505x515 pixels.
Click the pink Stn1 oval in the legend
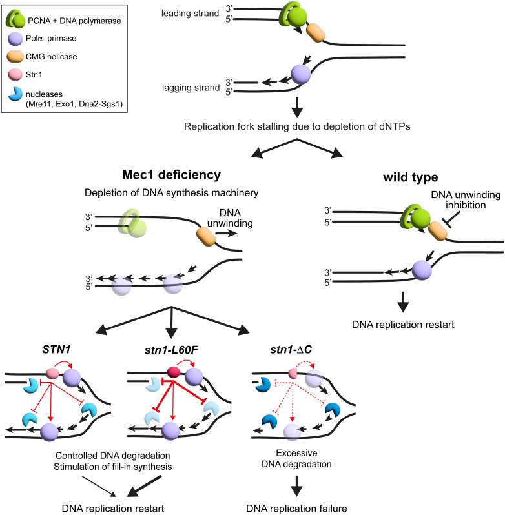coord(15,75)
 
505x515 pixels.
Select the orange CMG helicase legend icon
coord(15,57)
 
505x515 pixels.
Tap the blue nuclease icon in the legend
coord(15,94)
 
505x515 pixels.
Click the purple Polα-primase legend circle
coord(15,39)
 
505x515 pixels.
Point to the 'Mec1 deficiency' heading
coord(171,175)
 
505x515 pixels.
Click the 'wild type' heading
coord(410,177)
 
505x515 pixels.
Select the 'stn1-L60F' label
coord(171,350)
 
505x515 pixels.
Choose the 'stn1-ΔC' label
coord(291,350)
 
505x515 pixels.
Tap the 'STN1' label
coord(56,350)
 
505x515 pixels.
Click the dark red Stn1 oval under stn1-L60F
coord(174,372)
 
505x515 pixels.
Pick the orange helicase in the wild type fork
coord(438,231)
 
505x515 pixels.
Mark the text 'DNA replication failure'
coord(296,509)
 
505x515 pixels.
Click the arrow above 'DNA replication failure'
coord(296,485)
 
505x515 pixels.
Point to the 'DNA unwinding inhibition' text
coord(466,199)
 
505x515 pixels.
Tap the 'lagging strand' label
coord(191,88)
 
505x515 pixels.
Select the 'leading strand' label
coord(190,14)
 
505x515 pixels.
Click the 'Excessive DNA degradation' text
coord(296,458)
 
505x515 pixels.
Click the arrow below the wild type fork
coord(403,302)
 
